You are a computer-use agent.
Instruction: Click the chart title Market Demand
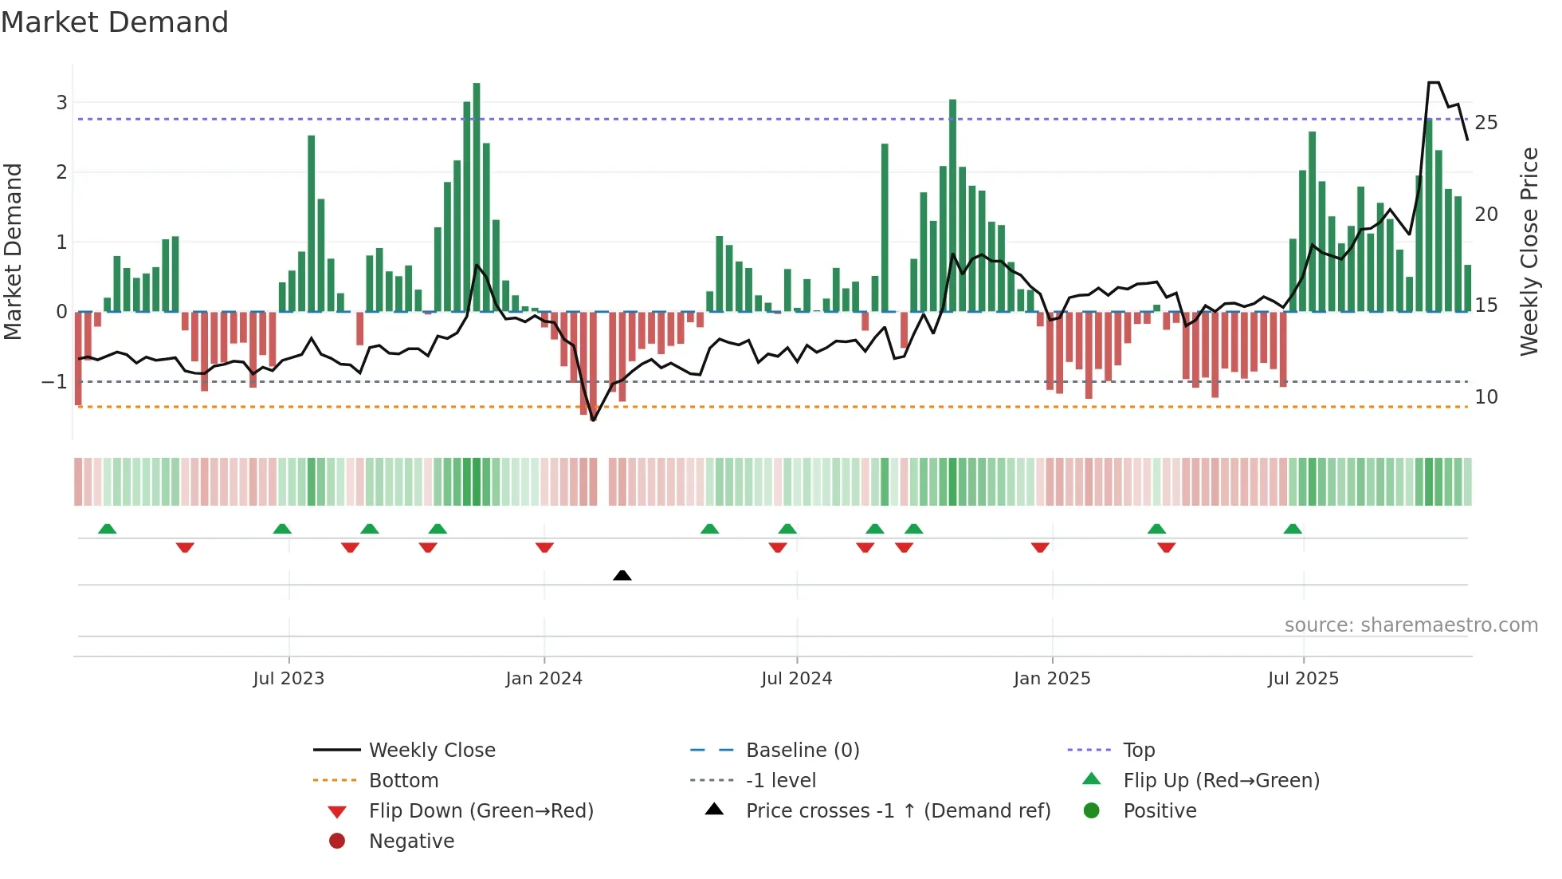coord(115,22)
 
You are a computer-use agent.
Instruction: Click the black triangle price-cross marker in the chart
coord(622,575)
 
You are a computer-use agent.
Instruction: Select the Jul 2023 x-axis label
coord(288,679)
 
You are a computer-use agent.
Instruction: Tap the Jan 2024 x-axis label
coord(544,679)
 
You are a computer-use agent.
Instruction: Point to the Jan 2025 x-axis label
coord(1052,679)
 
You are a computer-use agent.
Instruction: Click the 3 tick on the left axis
coord(61,102)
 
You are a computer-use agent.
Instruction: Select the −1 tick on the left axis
coord(54,382)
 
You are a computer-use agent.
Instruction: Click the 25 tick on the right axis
coord(1485,123)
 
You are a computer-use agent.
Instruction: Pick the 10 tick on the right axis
coord(1485,397)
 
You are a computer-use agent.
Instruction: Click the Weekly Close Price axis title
coord(1529,251)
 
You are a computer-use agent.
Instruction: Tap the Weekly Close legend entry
coord(432,751)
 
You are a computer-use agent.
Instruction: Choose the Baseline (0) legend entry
coord(803,751)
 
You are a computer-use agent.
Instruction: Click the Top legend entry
coord(1139,751)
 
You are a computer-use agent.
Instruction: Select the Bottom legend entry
coord(403,781)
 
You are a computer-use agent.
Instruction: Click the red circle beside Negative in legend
coord(337,842)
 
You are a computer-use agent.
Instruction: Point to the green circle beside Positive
coord(1092,811)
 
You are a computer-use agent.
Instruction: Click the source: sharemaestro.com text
coord(1411,625)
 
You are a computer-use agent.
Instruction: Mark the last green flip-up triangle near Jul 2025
coord(1293,529)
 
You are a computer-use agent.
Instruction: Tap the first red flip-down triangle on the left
coord(185,547)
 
